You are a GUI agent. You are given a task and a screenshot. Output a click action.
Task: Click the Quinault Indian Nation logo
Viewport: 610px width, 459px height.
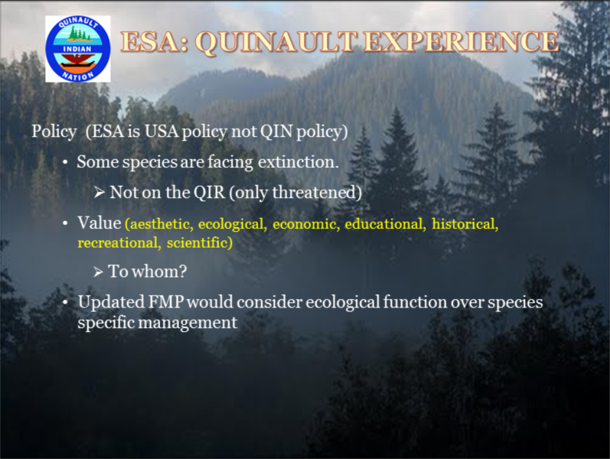[78, 49]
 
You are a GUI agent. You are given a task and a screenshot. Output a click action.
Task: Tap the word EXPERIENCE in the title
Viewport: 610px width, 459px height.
[461, 41]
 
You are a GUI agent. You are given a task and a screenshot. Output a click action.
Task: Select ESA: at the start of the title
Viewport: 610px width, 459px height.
[155, 41]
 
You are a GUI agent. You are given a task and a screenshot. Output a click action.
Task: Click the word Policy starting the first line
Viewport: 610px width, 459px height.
[54, 132]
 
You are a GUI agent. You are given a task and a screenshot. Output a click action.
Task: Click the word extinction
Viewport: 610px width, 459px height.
[298, 162]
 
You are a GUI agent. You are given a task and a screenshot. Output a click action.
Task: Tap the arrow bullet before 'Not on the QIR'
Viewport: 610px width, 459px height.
[99, 192]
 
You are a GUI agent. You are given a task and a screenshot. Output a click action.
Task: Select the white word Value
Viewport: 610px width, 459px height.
[99, 223]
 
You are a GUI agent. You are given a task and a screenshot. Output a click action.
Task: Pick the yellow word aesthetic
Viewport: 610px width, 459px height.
[159, 224]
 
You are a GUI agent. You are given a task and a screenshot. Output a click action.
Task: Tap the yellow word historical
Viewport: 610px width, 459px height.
[465, 223]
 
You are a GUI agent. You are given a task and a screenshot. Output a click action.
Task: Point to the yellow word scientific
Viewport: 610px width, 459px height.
[200, 243]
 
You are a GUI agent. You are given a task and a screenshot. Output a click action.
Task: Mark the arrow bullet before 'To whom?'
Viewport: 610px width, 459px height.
[98, 272]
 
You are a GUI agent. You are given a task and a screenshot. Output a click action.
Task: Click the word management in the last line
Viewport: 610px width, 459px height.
[188, 323]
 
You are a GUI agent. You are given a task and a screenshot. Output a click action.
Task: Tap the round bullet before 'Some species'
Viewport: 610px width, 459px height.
[65, 162]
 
